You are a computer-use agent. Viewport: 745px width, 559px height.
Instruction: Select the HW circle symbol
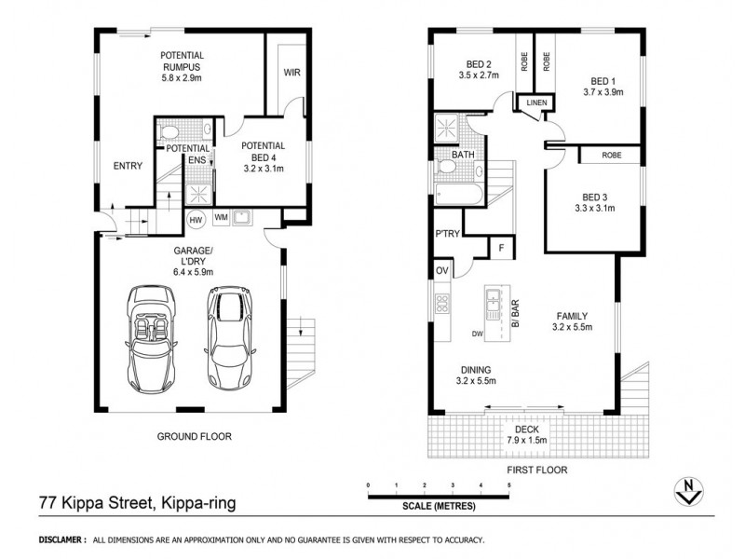(196, 220)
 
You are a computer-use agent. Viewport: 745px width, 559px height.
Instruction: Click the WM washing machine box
(221, 218)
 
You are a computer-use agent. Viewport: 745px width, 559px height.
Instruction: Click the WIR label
(290, 71)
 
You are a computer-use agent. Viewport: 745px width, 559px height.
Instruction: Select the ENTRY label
(128, 166)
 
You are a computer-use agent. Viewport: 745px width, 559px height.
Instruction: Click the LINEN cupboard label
(535, 102)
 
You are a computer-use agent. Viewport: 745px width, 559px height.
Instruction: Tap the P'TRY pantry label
(445, 235)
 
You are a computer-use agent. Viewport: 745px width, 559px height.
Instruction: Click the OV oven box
(441, 271)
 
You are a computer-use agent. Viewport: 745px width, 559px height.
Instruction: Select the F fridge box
(502, 248)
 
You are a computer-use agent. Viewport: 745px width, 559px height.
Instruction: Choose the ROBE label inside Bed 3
(611, 155)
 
